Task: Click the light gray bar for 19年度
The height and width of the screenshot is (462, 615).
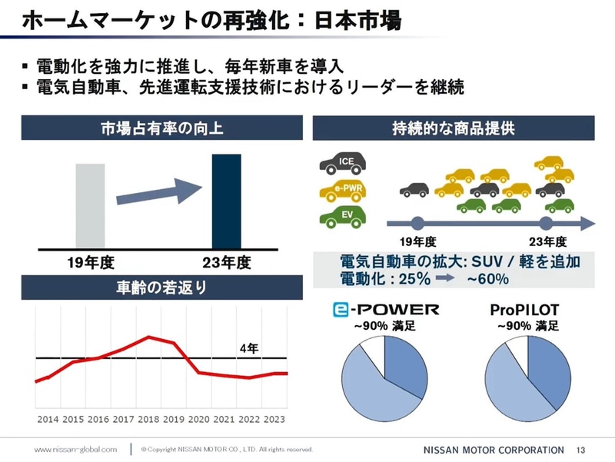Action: tap(90, 205)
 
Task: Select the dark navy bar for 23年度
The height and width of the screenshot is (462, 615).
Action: tap(227, 201)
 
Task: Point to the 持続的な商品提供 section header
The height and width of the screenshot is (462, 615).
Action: tap(454, 128)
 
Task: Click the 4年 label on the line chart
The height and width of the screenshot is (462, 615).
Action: tap(249, 348)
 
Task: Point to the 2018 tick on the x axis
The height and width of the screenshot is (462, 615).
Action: tap(148, 419)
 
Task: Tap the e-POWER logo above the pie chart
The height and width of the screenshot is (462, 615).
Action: tap(385, 310)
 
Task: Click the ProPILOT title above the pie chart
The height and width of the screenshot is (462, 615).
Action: tap(525, 310)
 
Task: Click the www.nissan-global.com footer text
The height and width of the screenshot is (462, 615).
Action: tap(75, 448)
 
